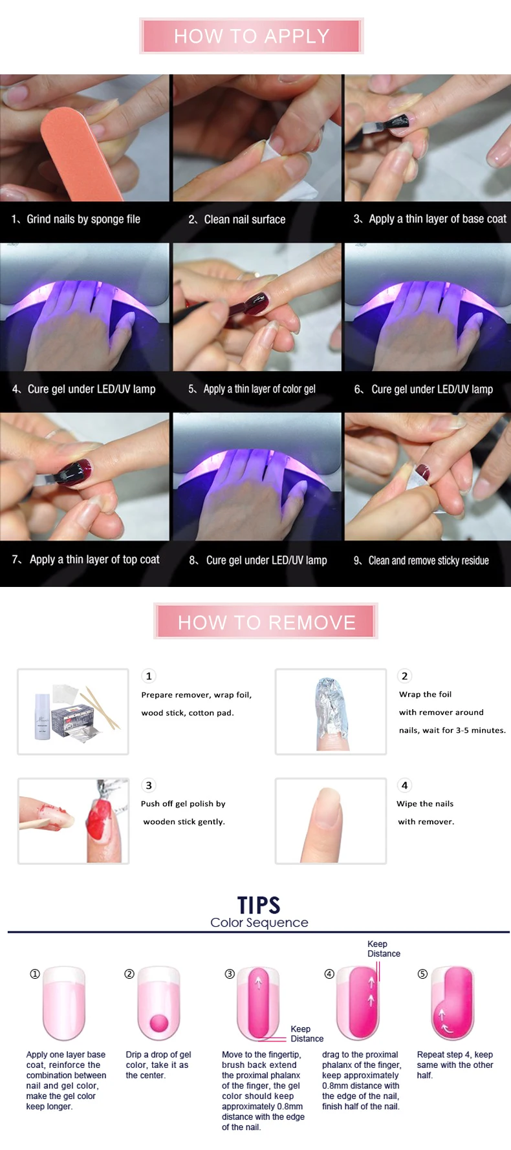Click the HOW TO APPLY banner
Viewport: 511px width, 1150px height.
click(252, 36)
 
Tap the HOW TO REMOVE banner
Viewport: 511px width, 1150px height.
click(266, 622)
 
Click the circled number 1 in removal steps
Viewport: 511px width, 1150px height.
click(149, 676)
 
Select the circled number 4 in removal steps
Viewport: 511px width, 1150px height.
click(404, 785)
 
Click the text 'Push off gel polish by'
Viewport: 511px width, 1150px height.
click(183, 804)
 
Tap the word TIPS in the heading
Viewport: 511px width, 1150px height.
click(259, 905)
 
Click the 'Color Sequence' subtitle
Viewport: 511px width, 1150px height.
click(259, 922)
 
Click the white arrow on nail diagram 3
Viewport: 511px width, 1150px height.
click(258, 983)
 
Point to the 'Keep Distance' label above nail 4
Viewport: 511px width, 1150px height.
click(384, 949)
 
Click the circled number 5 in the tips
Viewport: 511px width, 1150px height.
click(422, 974)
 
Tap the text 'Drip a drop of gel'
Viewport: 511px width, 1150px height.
click(158, 1054)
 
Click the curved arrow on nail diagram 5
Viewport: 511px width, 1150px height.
click(444, 1021)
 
